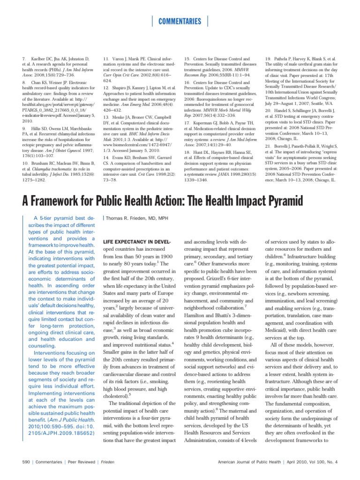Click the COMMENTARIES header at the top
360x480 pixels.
coord(180,21)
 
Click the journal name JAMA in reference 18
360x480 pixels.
coord(232,173)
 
